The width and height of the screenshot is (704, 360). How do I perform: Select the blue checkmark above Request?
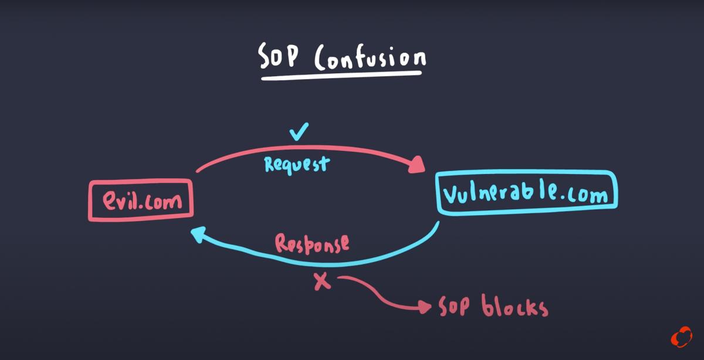point(299,133)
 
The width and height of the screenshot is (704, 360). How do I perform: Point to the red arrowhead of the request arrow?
point(417,166)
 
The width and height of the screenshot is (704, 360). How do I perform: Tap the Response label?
point(312,242)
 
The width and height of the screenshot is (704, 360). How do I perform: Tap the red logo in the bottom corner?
point(682,338)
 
